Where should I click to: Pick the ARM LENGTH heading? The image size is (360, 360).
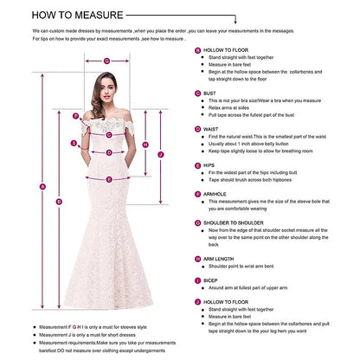click(x=222, y=258)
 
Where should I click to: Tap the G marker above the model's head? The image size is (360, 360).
click(x=106, y=61)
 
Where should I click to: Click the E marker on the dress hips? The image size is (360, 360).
click(x=108, y=179)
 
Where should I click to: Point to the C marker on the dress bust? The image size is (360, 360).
click(x=108, y=126)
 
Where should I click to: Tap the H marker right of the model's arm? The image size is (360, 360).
click(x=145, y=144)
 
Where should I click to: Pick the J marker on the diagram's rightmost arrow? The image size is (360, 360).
click(x=161, y=154)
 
